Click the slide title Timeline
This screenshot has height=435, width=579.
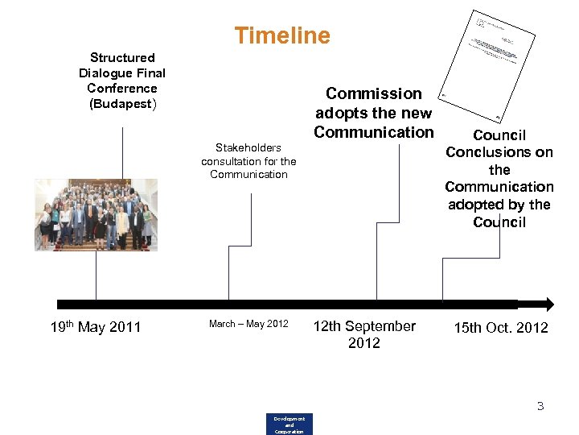[281, 35]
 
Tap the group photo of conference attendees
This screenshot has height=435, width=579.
[96, 215]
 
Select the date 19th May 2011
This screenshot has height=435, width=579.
[95, 327]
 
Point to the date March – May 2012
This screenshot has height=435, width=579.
[248, 324]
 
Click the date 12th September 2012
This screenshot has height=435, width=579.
[364, 334]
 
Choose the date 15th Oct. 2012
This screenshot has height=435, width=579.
[500, 327]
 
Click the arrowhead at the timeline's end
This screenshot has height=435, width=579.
[548, 304]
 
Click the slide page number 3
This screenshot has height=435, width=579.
[540, 406]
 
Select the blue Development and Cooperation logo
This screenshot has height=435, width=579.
[289, 425]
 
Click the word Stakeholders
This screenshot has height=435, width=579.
[248, 147]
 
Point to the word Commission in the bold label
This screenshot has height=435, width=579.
[373, 94]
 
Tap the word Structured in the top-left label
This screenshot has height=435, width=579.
[122, 58]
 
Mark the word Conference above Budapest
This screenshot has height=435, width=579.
[122, 89]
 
